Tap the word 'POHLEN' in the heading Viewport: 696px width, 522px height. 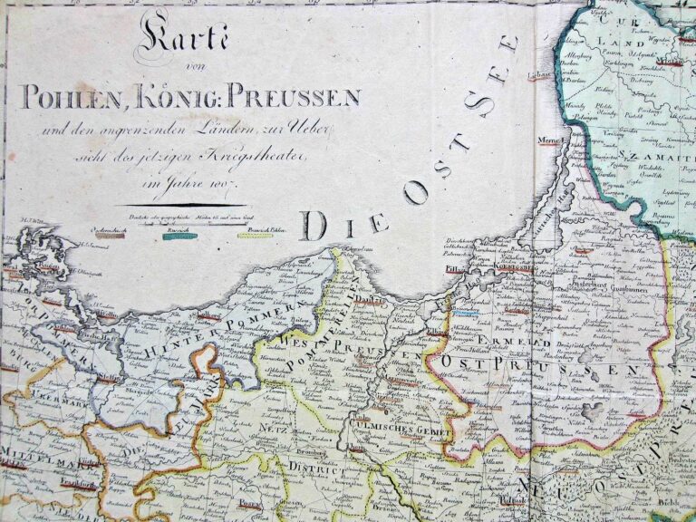[x=75, y=97]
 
